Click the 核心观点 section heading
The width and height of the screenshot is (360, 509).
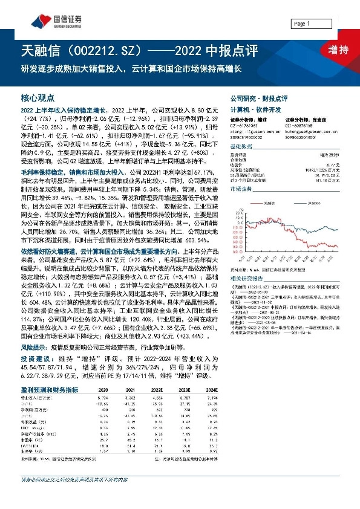37,97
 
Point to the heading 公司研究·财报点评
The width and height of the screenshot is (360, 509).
258,97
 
